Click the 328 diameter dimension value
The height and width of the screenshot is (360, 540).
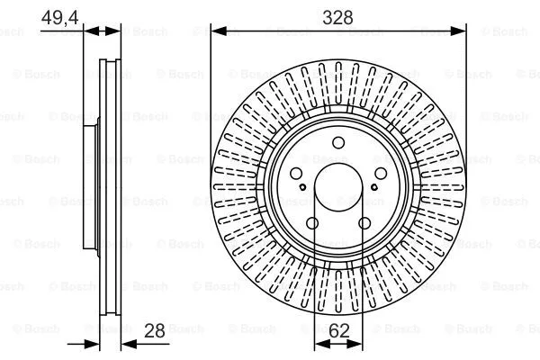[338, 16]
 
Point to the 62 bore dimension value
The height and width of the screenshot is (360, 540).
[338, 331]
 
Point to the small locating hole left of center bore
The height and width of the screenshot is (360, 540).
[302, 188]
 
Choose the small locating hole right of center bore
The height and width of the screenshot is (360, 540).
[374, 188]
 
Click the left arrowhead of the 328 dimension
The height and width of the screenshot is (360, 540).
[217, 31]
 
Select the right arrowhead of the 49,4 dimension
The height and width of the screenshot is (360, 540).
[114, 31]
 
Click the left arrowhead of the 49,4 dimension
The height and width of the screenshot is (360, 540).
[88, 31]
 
